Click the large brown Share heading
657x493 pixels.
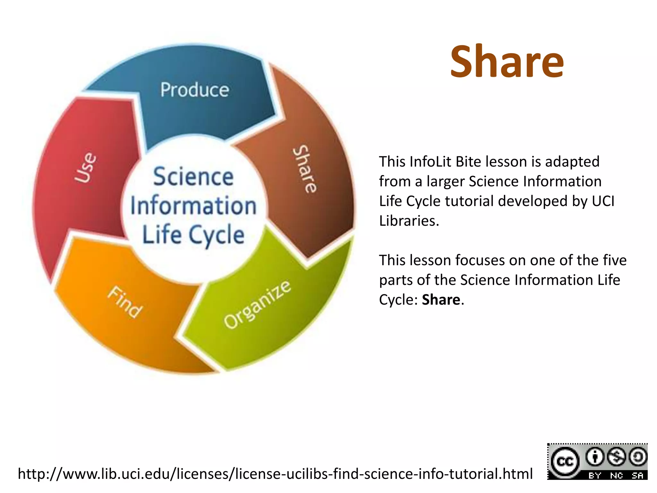[507, 62]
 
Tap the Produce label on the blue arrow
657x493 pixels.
[195, 90]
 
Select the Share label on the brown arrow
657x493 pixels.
[305, 169]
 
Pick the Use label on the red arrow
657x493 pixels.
[85, 168]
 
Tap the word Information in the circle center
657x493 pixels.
[193, 206]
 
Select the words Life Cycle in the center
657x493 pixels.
[193, 235]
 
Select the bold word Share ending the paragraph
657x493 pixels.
[441, 300]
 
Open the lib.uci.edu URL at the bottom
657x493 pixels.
[275, 474]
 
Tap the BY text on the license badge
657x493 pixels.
[594, 476]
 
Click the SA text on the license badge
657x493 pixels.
[637, 476]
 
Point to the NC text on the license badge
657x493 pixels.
[616, 476]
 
